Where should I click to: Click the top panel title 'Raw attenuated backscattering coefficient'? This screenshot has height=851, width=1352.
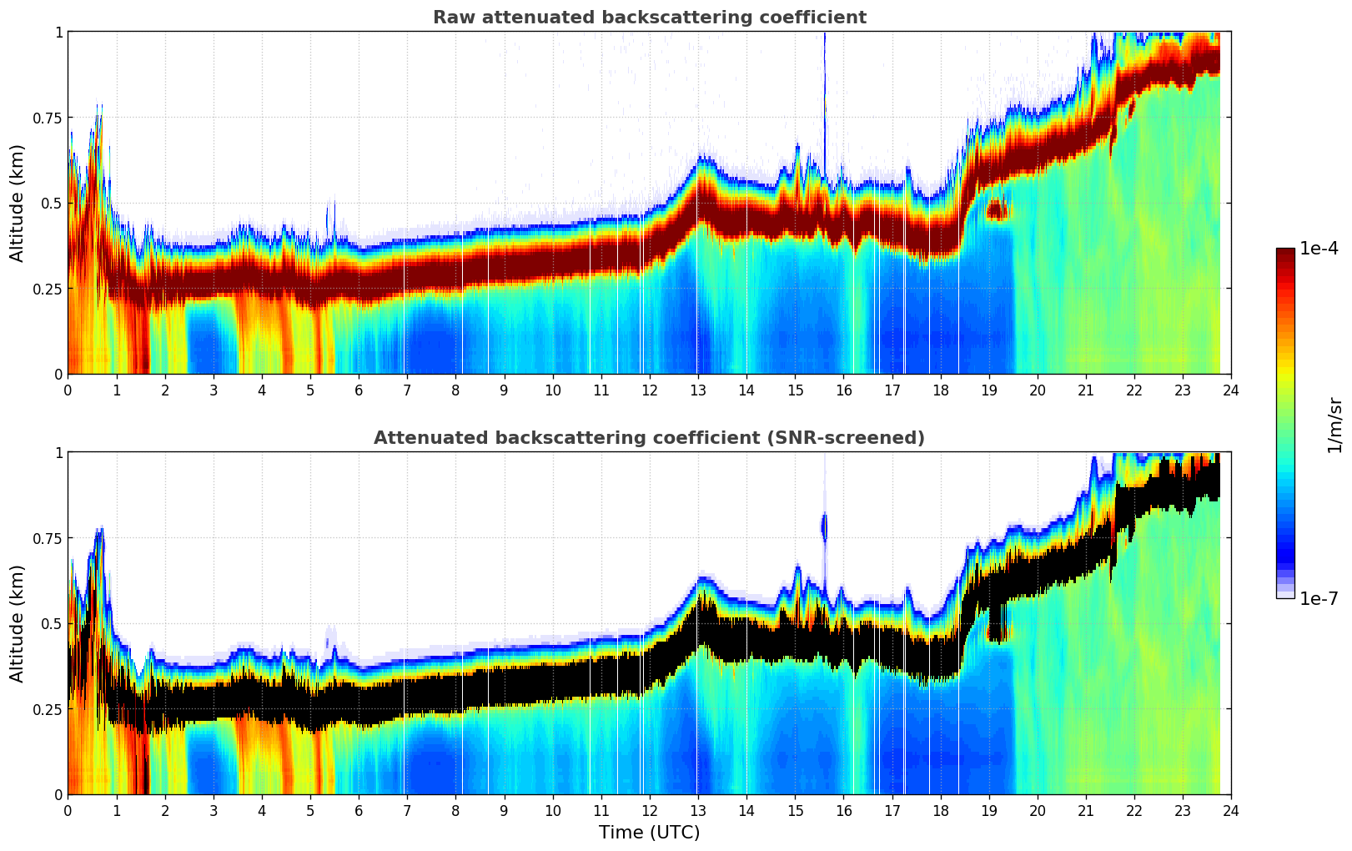point(649,18)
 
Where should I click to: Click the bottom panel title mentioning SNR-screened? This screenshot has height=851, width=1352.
point(649,438)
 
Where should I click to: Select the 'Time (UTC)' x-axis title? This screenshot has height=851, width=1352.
point(649,833)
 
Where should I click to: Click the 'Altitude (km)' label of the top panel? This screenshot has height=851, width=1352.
point(18,203)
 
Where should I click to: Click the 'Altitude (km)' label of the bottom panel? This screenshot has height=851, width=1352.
point(18,623)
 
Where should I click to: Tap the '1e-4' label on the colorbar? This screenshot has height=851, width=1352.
point(1319,248)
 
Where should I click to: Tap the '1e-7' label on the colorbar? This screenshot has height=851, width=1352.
point(1319,598)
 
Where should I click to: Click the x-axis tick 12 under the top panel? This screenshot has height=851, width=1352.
point(649,390)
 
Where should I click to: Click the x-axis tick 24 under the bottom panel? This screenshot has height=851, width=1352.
point(1230,810)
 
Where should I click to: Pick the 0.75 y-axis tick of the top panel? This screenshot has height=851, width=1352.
point(47,118)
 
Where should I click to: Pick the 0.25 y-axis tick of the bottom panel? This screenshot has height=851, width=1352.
point(47,709)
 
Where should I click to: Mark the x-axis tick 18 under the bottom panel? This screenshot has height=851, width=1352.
point(940,810)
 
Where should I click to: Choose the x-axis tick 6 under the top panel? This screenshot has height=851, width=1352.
point(359,390)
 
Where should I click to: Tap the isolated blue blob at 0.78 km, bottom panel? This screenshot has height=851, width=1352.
point(824,527)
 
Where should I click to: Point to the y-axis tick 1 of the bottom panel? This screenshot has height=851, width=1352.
point(58,452)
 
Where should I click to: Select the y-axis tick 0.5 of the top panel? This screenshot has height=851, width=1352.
point(52,203)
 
